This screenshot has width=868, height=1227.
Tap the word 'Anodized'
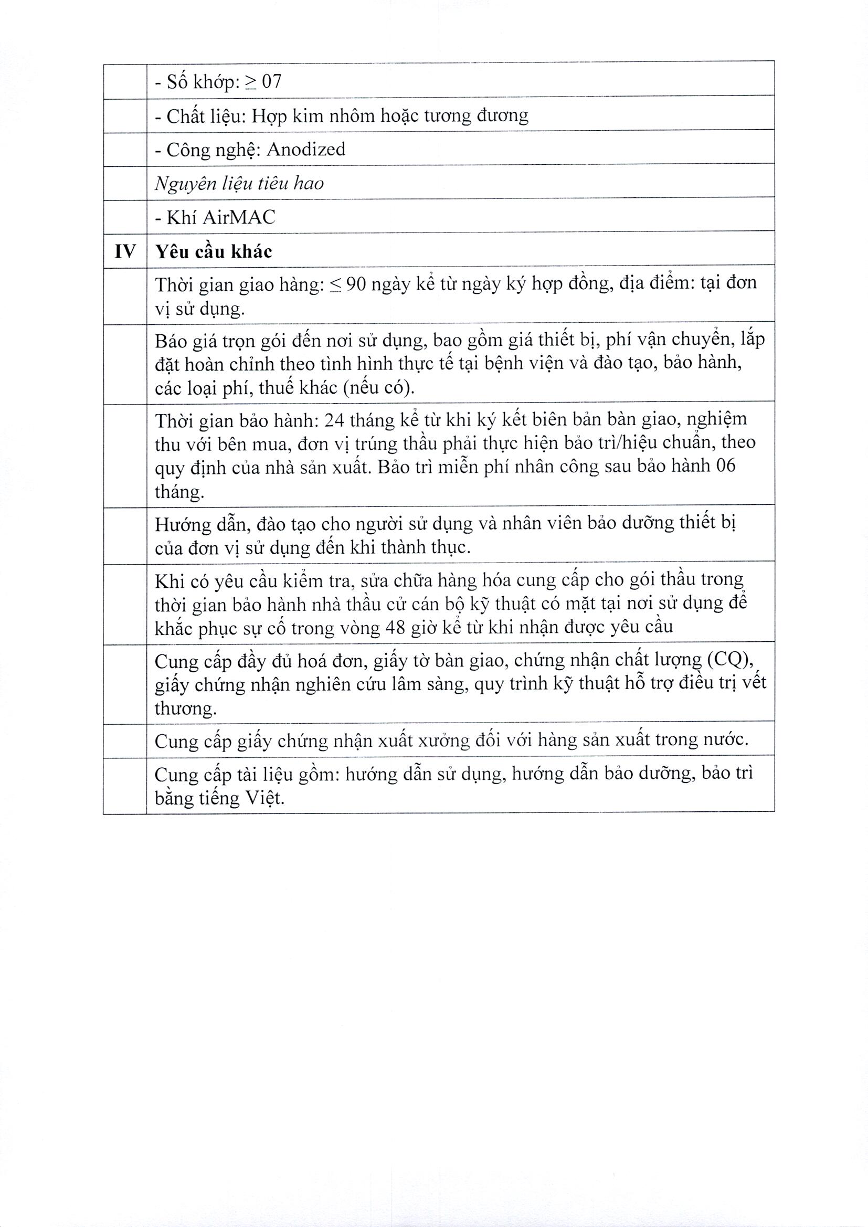coord(306,149)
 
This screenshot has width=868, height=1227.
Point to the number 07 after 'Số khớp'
coord(271,82)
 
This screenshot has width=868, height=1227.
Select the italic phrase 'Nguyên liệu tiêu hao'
coord(239,184)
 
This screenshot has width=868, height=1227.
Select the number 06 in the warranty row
coord(725,466)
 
